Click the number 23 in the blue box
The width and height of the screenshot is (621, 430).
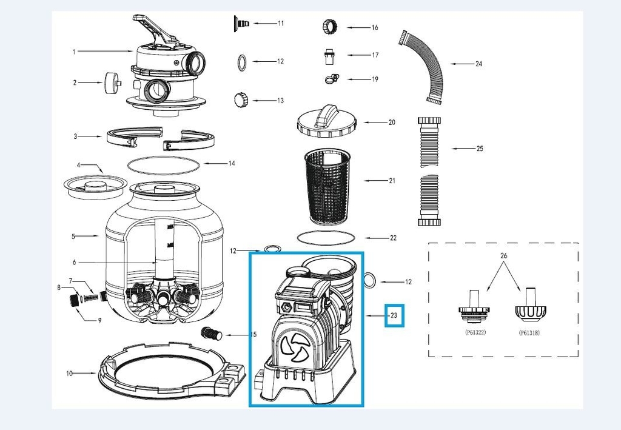(x=394, y=315)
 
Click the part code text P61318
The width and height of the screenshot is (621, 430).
(x=531, y=333)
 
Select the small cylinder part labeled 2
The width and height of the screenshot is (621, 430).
(x=111, y=82)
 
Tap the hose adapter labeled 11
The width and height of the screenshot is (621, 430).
(x=240, y=23)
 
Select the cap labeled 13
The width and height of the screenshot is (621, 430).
(x=241, y=99)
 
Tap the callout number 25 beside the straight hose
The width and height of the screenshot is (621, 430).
(x=479, y=148)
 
